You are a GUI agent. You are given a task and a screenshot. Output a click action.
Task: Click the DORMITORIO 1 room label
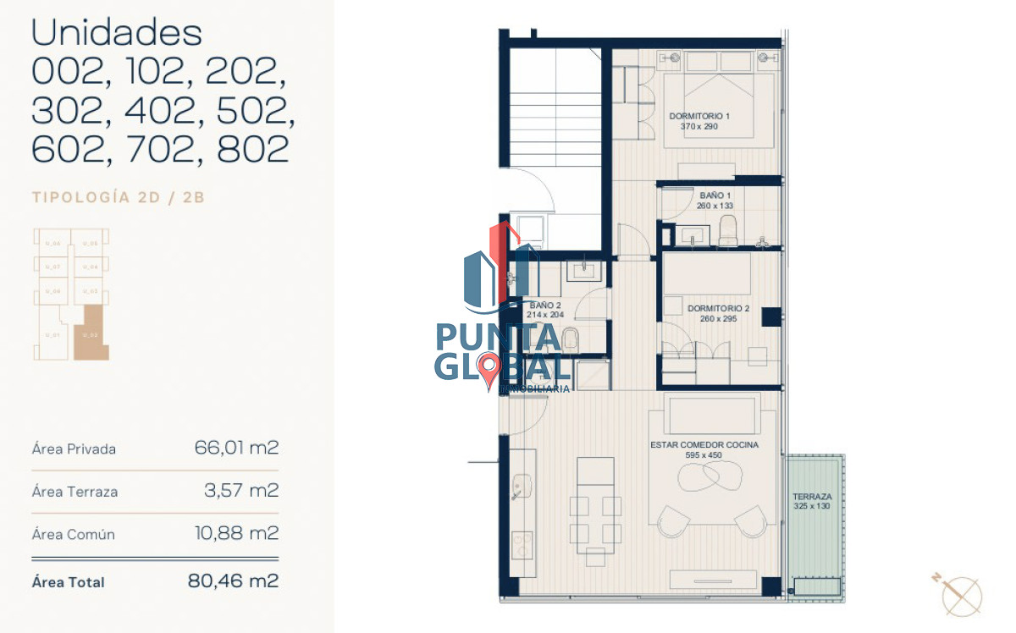click(x=698, y=115)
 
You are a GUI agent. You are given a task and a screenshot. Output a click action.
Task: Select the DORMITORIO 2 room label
click(x=718, y=308)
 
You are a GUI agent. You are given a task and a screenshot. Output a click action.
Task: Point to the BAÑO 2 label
click(x=544, y=305)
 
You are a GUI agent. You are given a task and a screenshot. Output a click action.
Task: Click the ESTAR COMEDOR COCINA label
click(x=704, y=444)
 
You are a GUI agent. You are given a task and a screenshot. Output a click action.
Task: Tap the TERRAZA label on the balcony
click(x=811, y=497)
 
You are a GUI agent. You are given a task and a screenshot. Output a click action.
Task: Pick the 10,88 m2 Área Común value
click(x=236, y=534)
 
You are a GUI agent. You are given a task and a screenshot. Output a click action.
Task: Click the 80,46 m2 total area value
click(x=233, y=581)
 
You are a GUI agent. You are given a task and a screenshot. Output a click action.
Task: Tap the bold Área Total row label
click(x=68, y=582)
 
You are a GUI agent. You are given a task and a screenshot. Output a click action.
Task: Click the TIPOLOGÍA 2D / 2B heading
click(x=119, y=198)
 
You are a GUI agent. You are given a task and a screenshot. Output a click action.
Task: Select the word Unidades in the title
click(x=117, y=34)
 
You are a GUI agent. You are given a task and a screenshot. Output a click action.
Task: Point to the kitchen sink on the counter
click(x=521, y=486)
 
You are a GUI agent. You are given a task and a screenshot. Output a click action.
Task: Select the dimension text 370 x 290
click(x=698, y=126)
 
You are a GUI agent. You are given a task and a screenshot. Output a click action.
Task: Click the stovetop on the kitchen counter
click(x=522, y=542)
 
